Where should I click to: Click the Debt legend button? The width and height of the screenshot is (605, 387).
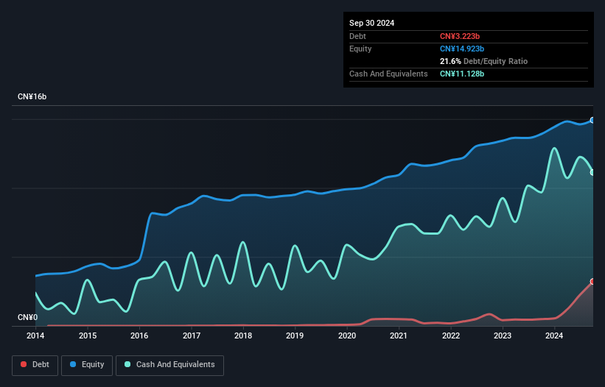[35, 364]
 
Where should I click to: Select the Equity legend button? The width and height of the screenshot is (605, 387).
[88, 364]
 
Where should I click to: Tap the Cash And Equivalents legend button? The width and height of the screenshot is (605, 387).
[169, 364]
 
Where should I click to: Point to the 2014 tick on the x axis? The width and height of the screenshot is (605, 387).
[35, 335]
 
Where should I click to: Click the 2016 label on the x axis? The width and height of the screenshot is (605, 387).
[139, 335]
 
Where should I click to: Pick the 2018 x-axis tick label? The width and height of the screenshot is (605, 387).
[242, 335]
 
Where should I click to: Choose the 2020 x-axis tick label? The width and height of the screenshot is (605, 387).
[346, 335]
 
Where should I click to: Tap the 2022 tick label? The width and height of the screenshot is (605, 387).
[450, 335]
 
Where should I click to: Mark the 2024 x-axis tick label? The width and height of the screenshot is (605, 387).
[554, 335]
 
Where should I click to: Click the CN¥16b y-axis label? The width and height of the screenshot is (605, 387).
[32, 97]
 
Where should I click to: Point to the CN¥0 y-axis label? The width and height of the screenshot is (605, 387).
[27, 318]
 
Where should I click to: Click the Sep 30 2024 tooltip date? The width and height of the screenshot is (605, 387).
[371, 23]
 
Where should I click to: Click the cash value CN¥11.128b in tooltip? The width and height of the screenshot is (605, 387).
[462, 74]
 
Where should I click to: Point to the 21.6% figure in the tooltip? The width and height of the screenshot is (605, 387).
[450, 61]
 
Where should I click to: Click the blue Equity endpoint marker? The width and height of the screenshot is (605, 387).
[592, 120]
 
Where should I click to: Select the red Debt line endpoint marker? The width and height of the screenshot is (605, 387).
[592, 282]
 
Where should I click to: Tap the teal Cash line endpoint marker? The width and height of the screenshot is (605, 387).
[592, 172]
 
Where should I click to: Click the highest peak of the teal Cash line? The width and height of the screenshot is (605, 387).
[554, 148]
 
